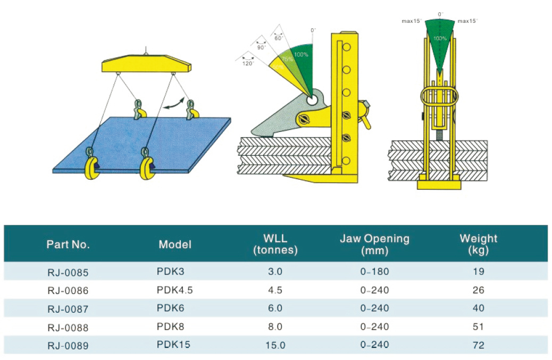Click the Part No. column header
[x=68, y=245]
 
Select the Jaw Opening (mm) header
[x=374, y=244]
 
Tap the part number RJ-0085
[x=67, y=273]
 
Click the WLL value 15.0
[x=275, y=345]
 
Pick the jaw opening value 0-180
[x=374, y=272]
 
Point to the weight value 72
[x=478, y=345]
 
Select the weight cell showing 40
[x=478, y=308]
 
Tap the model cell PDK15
[x=173, y=345]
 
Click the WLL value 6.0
[x=275, y=308]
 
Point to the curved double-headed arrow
[x=174, y=104]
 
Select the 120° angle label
[x=248, y=63]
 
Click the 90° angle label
[x=262, y=47]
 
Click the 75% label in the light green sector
[x=288, y=60]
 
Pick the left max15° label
[x=412, y=21]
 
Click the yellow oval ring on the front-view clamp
[x=439, y=97]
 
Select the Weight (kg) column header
[x=478, y=244]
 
